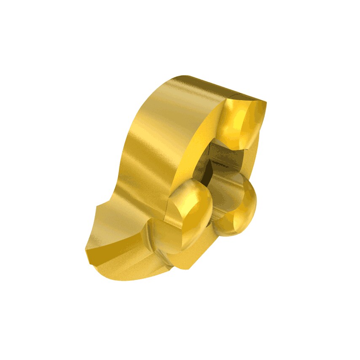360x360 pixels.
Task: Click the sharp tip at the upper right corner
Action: pyautogui.click(x=265, y=102)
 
